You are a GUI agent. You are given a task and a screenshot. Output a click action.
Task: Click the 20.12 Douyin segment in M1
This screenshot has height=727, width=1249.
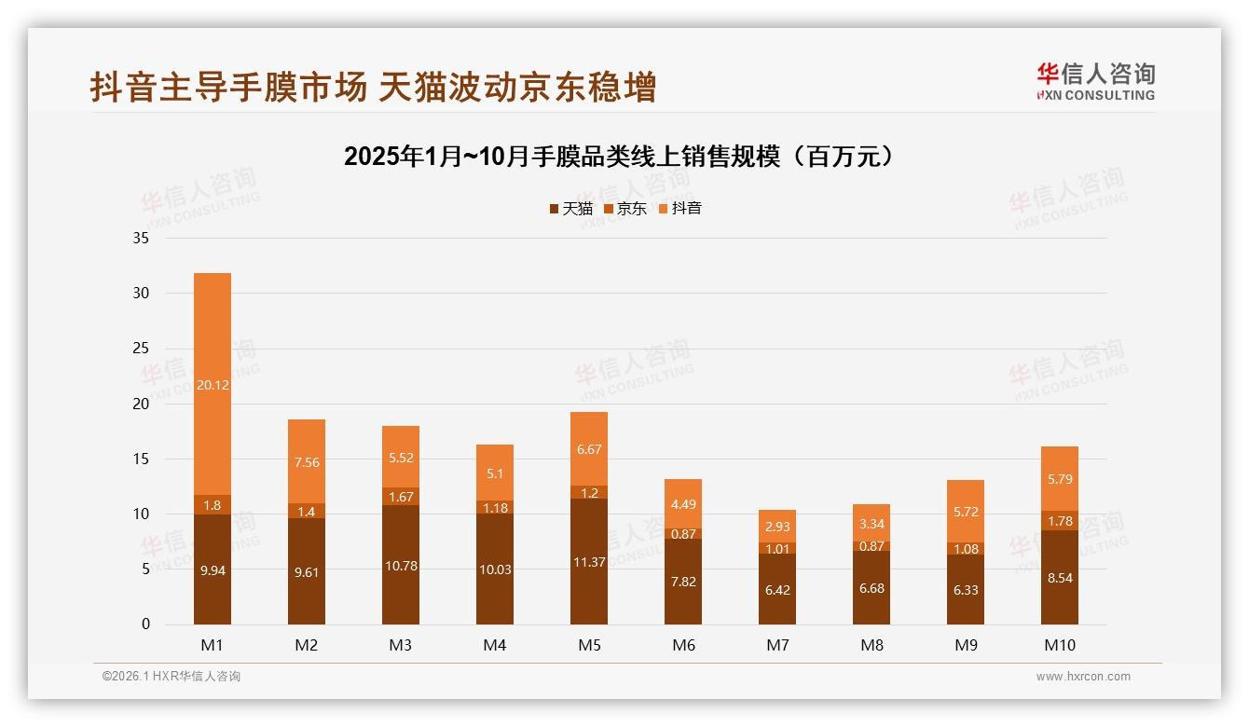click(213, 384)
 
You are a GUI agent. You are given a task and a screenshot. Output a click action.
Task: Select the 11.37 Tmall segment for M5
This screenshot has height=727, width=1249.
click(589, 561)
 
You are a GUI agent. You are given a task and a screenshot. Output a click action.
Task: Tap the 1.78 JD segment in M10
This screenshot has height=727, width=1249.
click(1059, 520)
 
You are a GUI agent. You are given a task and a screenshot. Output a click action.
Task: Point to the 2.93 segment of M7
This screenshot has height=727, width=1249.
click(777, 527)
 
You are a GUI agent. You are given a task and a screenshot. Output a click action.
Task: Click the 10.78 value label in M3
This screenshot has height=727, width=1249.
click(401, 566)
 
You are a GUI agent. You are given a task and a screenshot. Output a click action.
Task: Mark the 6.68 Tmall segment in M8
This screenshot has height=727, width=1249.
click(872, 587)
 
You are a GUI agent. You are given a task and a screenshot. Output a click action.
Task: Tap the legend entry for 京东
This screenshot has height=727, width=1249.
click(625, 209)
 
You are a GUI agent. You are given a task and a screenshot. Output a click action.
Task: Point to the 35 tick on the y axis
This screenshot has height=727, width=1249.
click(141, 238)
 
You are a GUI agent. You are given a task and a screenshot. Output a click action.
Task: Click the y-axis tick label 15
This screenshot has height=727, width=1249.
click(141, 459)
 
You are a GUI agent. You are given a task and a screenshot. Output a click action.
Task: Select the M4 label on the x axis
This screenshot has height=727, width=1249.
click(495, 645)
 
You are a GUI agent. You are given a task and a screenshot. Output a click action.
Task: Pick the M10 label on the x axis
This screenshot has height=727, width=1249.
click(1059, 645)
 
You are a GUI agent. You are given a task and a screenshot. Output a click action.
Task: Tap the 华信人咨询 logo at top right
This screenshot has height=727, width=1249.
click(1095, 82)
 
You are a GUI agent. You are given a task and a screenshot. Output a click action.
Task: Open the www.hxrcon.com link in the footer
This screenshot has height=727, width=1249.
click(1083, 677)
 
